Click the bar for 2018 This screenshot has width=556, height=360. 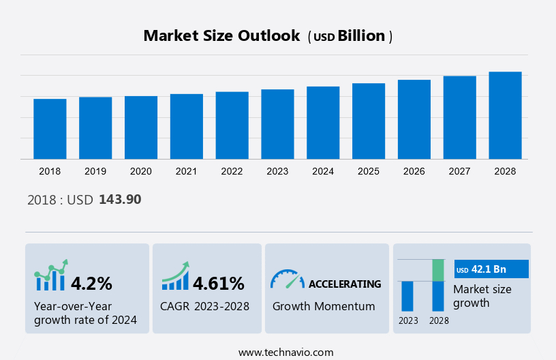[x=50, y=129]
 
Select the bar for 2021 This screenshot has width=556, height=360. [x=187, y=126]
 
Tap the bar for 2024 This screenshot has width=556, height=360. [x=323, y=123]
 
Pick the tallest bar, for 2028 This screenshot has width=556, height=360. [x=505, y=115]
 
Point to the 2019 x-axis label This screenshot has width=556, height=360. [x=95, y=171]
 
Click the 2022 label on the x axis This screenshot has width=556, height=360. [x=232, y=171]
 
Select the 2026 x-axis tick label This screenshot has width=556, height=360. [x=414, y=171]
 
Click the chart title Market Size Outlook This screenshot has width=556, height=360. [x=221, y=36]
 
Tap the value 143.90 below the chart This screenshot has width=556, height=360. [x=120, y=200]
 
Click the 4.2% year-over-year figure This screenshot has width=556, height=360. [x=91, y=283]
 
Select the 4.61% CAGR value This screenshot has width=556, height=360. [x=218, y=283]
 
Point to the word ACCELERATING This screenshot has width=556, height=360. [x=345, y=284]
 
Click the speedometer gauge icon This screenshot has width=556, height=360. [x=287, y=278]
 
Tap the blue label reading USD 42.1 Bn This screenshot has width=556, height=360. [x=491, y=269]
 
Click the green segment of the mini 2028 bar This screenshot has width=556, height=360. [x=438, y=270]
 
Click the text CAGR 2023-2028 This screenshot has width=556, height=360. [x=204, y=306]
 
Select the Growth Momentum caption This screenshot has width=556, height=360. [x=324, y=306]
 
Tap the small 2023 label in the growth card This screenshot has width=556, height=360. [x=408, y=320]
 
